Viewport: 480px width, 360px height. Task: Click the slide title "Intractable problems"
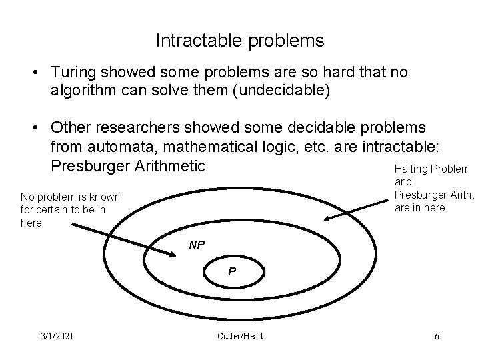[240, 41]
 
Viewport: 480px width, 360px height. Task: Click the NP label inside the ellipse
[197, 245]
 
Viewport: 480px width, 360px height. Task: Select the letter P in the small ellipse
[231, 272]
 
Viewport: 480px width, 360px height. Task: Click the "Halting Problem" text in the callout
[432, 170]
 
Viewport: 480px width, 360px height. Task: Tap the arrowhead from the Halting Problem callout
[327, 219]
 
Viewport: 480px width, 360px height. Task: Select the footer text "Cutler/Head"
[240, 336]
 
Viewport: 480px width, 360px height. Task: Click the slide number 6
[437, 336]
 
